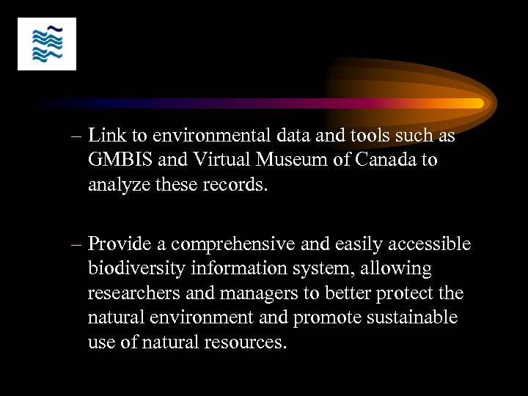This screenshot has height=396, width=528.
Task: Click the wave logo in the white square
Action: [47, 44]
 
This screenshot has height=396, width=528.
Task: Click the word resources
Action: [246, 342]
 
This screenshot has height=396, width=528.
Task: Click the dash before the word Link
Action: [79, 137]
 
